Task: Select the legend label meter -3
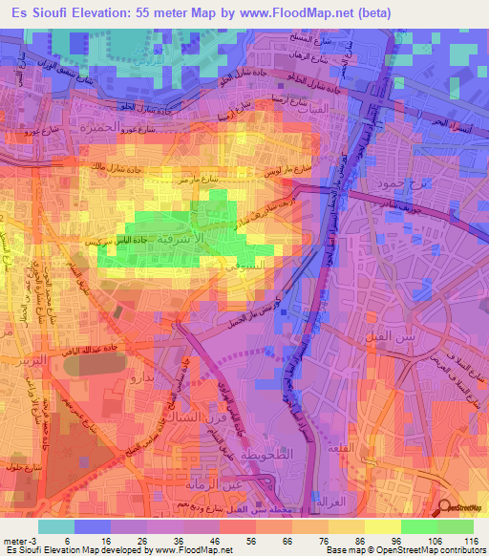[x=21, y=540]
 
